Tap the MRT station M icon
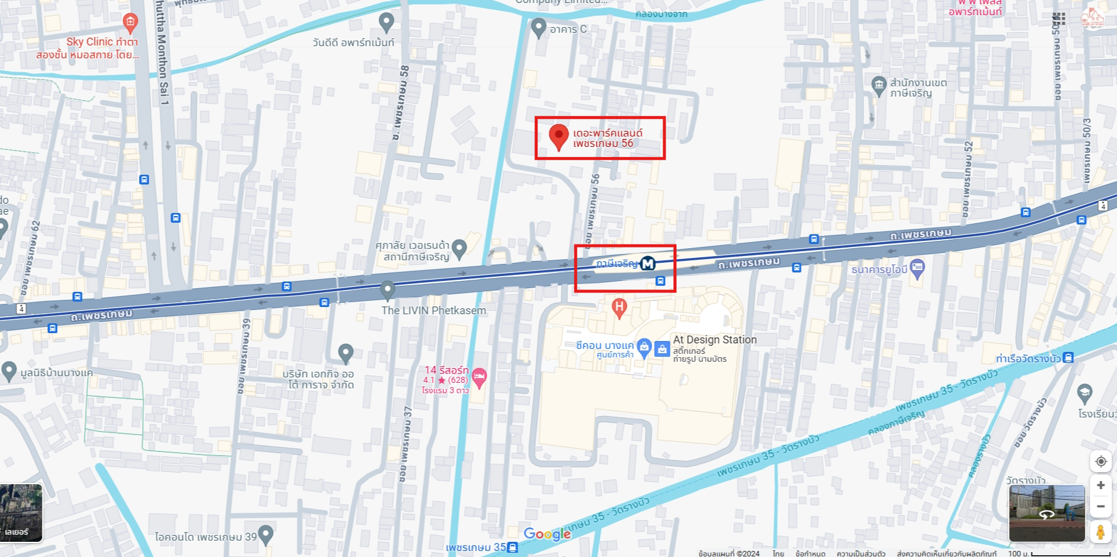point(648,263)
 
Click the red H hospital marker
point(619,306)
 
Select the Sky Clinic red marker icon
point(130,22)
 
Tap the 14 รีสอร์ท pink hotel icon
point(479,377)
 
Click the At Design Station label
point(715,340)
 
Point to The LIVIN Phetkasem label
point(433,311)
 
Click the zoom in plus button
point(1101,485)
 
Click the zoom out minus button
point(1101,506)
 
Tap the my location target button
point(1101,462)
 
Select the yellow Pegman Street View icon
point(1101,532)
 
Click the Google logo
point(547,534)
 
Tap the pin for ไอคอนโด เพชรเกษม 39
point(266,535)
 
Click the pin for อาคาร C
point(538,27)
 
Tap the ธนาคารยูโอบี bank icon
point(917,268)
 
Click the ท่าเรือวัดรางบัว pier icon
point(1068,357)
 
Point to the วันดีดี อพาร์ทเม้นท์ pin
point(386,22)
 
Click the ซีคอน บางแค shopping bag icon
point(644,346)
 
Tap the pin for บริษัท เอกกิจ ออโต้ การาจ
point(346,352)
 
